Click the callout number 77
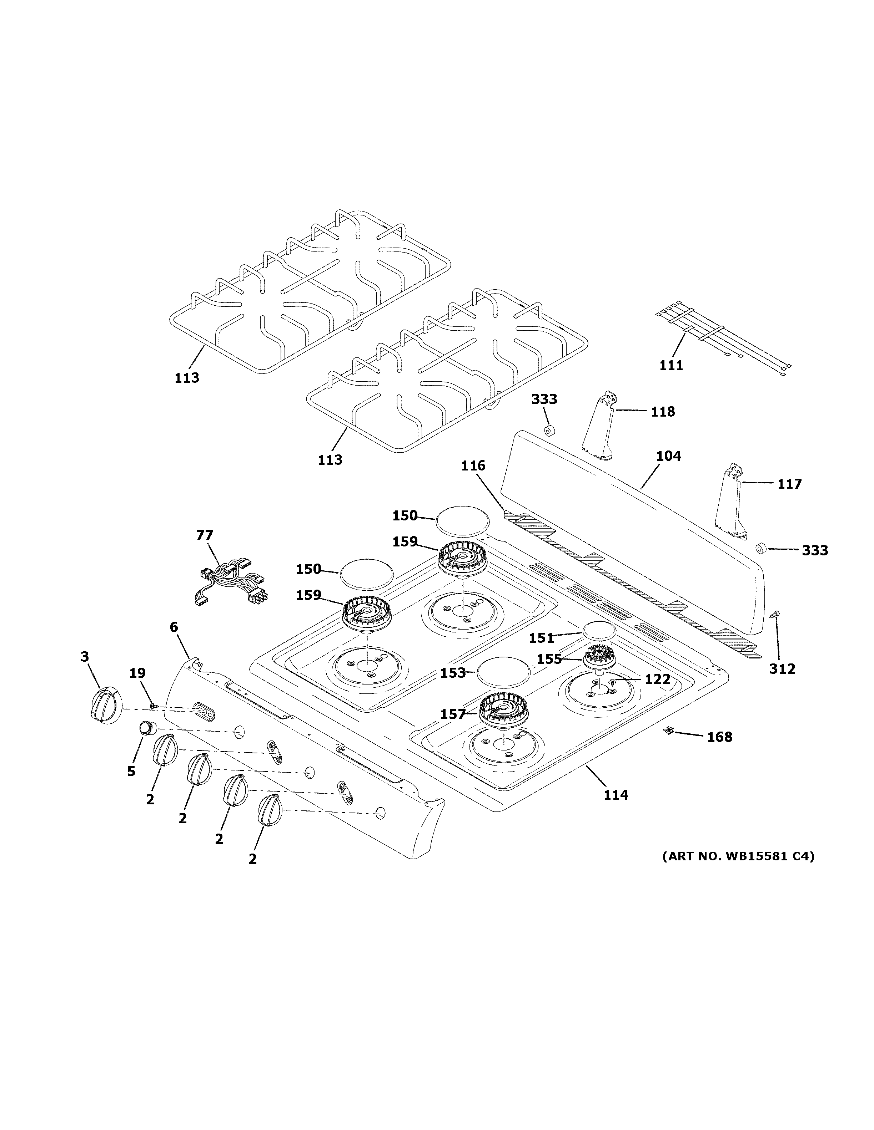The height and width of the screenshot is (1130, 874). point(205,535)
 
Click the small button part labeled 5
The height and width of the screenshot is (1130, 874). point(147,728)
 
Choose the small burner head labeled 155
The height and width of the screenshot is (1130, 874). point(601,659)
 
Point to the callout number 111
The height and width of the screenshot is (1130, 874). point(671,365)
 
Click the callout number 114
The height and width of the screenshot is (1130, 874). point(616,794)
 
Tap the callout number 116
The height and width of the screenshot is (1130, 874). point(473,465)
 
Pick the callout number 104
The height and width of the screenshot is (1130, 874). point(668,456)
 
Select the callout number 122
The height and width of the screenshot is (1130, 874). point(658,679)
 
